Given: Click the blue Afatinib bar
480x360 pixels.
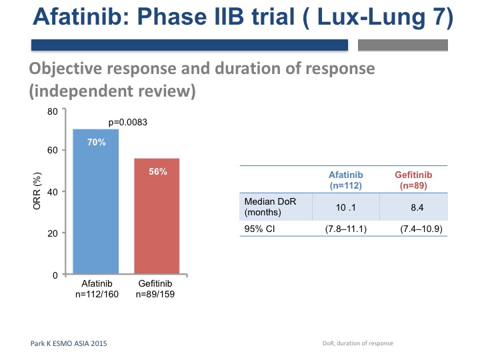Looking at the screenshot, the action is pyautogui.click(x=96, y=201).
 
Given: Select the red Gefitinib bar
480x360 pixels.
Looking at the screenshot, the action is pyautogui.click(x=157, y=216).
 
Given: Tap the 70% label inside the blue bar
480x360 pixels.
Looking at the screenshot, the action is pyautogui.click(x=97, y=143).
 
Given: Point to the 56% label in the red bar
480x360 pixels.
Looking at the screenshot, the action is pyautogui.click(x=158, y=171).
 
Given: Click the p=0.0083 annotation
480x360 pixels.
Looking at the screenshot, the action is pyautogui.click(x=127, y=122).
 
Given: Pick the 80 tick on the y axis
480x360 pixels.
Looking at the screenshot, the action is pyautogui.click(x=53, y=111).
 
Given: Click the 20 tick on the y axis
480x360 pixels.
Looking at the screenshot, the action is pyautogui.click(x=53, y=233).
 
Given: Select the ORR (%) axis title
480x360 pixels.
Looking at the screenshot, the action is pyautogui.click(x=37, y=191).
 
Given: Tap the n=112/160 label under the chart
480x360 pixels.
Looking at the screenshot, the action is pyautogui.click(x=97, y=294).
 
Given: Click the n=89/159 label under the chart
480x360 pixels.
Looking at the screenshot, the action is pyautogui.click(x=155, y=294).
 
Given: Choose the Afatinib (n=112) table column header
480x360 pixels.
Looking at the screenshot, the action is pyautogui.click(x=346, y=180).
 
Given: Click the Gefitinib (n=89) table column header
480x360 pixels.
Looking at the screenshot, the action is pyautogui.click(x=413, y=180).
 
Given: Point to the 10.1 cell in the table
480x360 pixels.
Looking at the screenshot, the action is pyautogui.click(x=346, y=207).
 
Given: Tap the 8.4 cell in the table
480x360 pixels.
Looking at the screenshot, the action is pyautogui.click(x=417, y=207).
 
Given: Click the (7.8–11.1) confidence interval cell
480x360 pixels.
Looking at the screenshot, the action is pyautogui.click(x=346, y=229).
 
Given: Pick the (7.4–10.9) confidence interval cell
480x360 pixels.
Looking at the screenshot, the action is pyautogui.click(x=421, y=229).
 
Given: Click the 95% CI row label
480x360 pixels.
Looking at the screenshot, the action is pyautogui.click(x=259, y=229).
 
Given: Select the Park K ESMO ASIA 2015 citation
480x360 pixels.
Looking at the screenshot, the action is pyautogui.click(x=69, y=343).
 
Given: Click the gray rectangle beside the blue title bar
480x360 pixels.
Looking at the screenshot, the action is pyautogui.click(x=403, y=45).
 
